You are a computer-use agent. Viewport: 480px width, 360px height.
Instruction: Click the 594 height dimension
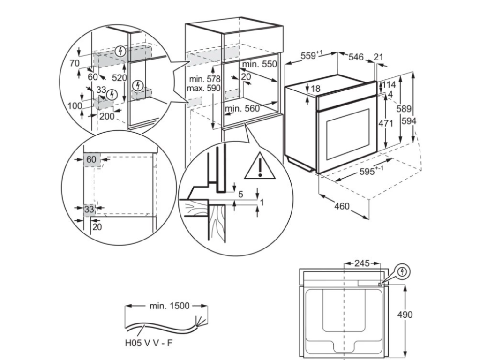(x=408, y=120)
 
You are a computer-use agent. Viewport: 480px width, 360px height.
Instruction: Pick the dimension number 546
(x=356, y=57)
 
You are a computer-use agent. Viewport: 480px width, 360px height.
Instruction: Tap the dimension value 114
(x=390, y=85)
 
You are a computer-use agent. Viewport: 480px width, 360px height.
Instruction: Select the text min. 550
(x=260, y=64)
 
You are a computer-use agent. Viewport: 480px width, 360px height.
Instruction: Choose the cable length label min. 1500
(x=170, y=306)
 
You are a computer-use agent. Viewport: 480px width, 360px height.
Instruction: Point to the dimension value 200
(x=107, y=116)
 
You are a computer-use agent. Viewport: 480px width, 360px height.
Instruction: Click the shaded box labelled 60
(x=91, y=159)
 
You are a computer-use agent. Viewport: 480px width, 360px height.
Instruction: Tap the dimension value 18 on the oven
(x=315, y=89)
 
